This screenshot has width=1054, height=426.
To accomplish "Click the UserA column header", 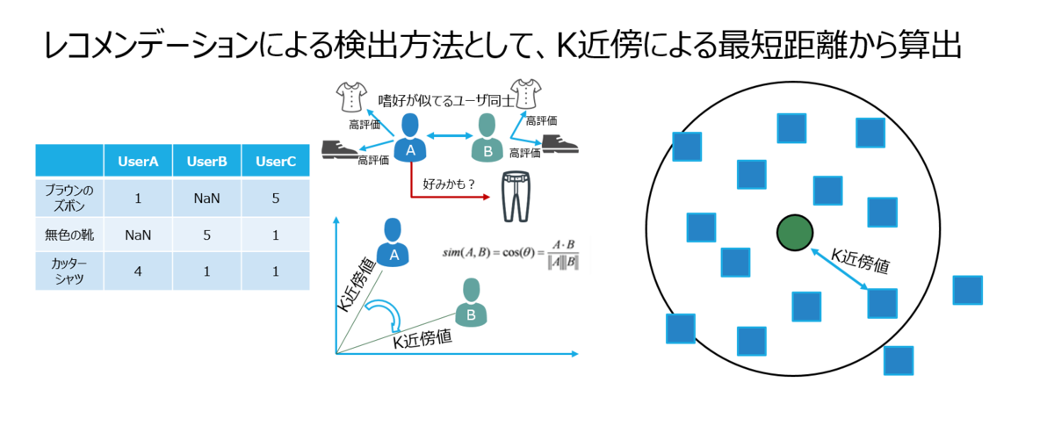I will [138, 162].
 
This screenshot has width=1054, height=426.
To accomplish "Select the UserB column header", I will [207, 162].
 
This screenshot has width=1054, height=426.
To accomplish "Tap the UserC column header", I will [276, 162].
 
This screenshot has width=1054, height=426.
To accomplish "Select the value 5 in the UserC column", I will [276, 199].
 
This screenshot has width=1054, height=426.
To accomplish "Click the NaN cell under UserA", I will [138, 235].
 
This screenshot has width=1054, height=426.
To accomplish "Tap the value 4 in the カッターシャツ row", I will [138, 271].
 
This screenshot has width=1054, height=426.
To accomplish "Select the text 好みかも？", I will [450, 184].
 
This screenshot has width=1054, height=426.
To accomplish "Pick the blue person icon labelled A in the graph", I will [393, 243].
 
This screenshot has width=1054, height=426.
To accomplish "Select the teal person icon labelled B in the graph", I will [471, 301].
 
